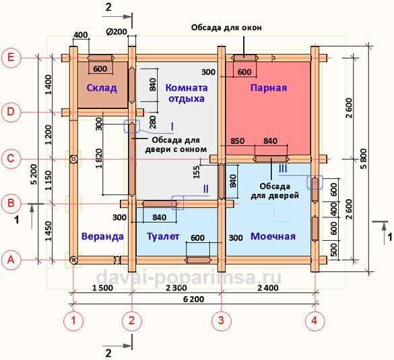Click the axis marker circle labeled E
pos(11,58)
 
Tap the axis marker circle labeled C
pos(11,159)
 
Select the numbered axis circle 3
pos(221,320)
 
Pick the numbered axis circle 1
pos(73,320)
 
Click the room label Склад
pos(102,88)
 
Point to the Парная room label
pos(269,88)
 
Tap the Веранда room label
pos(102,236)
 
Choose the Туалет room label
pos(163,236)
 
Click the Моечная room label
pos(273,236)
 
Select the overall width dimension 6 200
pos(193,299)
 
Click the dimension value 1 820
pos(99,159)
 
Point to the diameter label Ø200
pos(117,32)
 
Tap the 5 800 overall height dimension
pos(364,159)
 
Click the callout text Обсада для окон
pos(226,28)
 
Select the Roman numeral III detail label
pos(283,168)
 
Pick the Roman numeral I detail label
pos(172,127)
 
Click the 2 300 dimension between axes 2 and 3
pos(176,288)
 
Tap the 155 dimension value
pos(197,172)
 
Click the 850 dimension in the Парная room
pos(238,141)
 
